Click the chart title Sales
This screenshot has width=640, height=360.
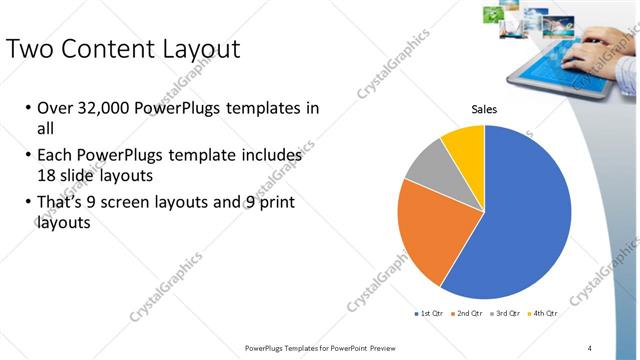484,109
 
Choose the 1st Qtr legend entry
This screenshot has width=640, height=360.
431,314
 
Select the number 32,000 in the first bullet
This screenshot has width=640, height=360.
106,108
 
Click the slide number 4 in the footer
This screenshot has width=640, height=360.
590,347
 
